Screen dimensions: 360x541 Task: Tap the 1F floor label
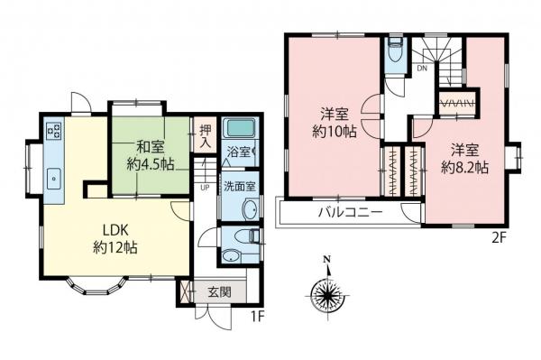click(258, 318)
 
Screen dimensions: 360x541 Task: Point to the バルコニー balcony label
click(350, 214)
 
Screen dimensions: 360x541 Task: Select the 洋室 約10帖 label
click(333, 124)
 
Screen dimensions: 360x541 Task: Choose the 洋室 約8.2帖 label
click(465, 158)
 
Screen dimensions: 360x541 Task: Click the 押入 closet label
click(205, 137)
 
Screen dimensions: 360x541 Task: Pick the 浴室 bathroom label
click(240, 152)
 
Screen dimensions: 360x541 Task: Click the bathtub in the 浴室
click(241, 128)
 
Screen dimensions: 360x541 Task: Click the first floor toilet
click(244, 237)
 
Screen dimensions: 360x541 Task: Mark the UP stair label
click(205, 188)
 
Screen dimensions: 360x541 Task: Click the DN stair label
click(421, 69)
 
